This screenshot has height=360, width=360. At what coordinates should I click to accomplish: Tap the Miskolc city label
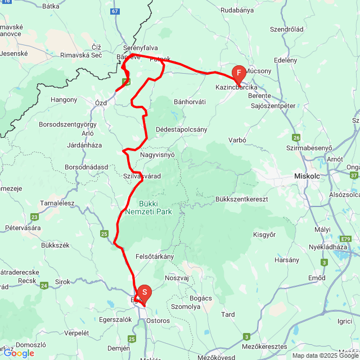(307, 176)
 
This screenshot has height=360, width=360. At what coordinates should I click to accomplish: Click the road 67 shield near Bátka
(115, 11)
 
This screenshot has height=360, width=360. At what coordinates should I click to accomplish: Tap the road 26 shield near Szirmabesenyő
(296, 137)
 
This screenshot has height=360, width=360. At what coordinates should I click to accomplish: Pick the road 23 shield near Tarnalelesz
(35, 217)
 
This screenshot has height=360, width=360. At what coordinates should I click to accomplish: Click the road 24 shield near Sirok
(44, 286)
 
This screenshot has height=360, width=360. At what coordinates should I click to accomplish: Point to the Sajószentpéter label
(273, 105)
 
